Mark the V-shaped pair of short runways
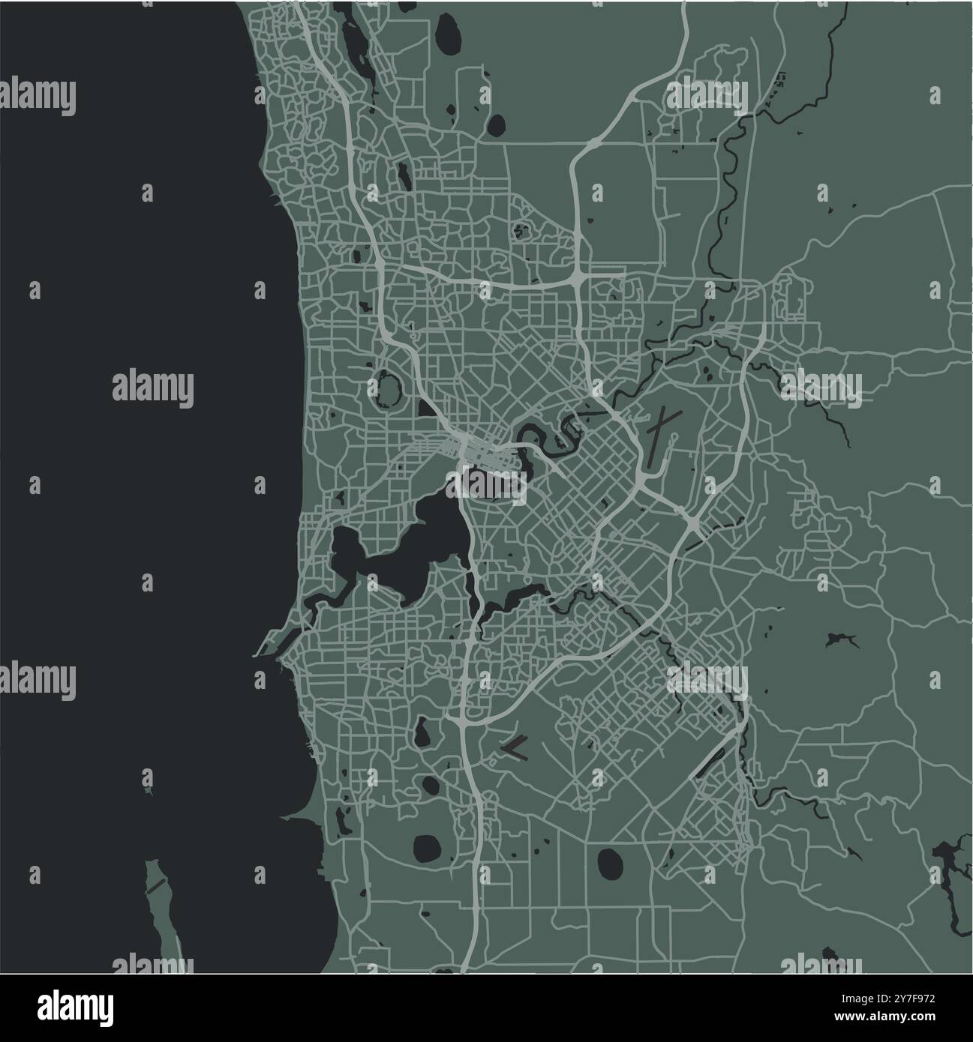(515, 744)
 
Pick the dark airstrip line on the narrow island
(155, 885)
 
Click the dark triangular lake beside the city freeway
(425, 409)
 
